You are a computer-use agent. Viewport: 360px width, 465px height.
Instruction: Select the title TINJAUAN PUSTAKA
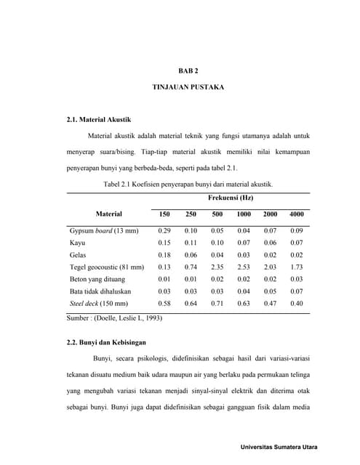(188, 87)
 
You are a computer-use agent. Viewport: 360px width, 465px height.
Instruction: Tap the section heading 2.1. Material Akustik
(99, 118)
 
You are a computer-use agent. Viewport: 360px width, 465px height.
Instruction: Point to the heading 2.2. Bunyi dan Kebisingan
(107, 341)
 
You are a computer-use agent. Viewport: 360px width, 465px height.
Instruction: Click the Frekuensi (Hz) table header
(231, 198)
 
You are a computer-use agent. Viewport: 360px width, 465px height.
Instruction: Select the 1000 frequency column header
(244, 214)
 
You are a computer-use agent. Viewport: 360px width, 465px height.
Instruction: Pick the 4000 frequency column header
(296, 214)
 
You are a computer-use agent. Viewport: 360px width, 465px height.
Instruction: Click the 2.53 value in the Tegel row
(244, 267)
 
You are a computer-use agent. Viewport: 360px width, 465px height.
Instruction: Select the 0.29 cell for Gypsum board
(164, 230)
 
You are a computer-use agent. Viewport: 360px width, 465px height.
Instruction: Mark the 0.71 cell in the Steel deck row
(217, 304)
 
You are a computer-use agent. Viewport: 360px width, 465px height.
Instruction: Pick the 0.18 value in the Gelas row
(164, 255)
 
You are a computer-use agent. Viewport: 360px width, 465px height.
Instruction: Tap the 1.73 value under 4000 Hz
(296, 267)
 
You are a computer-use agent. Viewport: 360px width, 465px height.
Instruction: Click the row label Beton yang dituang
(97, 279)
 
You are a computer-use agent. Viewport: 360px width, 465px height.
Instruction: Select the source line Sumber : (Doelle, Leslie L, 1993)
(114, 318)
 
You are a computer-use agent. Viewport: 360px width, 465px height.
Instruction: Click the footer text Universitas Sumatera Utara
(279, 447)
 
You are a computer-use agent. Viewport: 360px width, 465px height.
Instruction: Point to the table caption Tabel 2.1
(188, 185)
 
